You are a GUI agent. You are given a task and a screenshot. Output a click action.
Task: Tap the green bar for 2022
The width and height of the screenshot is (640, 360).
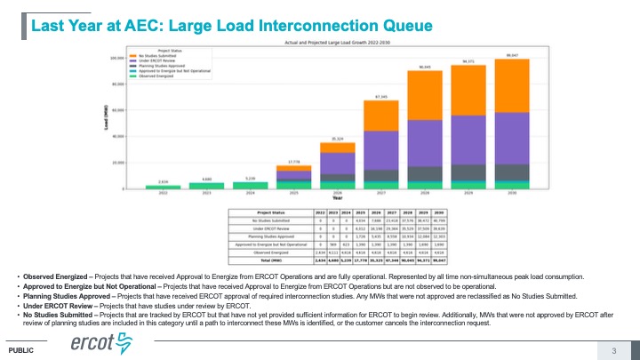click(x=163, y=187)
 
